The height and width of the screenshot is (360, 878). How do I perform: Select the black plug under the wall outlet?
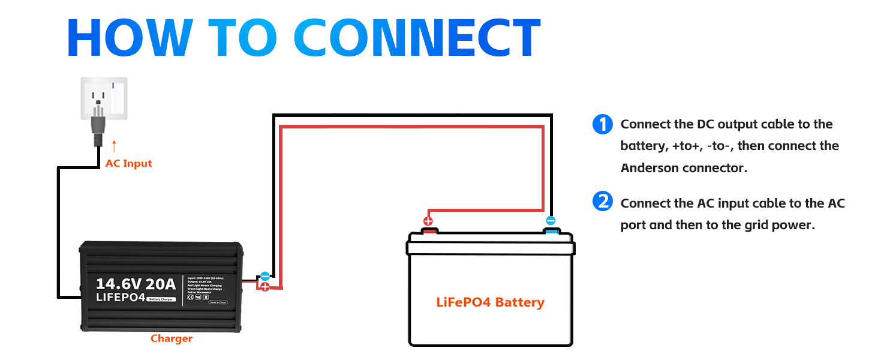point(98,127)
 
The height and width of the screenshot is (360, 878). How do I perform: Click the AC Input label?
point(128,163)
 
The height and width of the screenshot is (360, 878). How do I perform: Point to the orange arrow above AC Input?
point(114,146)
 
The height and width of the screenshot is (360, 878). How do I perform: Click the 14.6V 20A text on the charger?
point(136,283)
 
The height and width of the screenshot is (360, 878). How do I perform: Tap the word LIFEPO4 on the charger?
point(121,296)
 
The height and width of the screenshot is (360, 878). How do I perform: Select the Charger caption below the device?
point(172,338)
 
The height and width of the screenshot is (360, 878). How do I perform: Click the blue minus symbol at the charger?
point(264,276)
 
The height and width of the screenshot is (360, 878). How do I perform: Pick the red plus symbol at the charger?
point(264,287)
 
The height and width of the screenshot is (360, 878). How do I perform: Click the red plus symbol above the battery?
point(428,220)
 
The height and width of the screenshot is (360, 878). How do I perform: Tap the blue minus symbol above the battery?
point(551,220)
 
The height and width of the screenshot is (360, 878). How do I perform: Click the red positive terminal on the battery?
point(429,230)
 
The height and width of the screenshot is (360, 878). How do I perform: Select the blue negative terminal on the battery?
point(551,230)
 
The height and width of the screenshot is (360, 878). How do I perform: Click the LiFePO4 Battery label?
point(490,302)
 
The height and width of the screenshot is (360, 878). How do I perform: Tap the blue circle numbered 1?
point(602,125)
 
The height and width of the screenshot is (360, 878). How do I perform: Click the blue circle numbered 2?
point(602,202)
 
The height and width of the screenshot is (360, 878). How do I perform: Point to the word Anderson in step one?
point(650,168)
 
